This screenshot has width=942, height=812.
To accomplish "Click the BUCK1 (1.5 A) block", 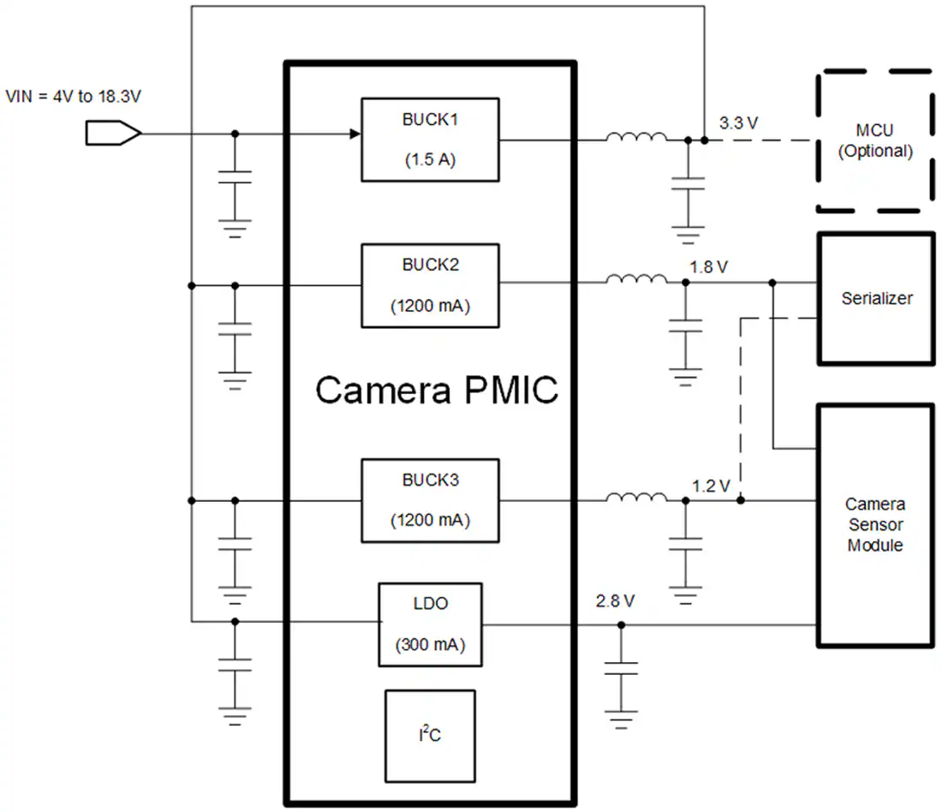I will tap(430, 140).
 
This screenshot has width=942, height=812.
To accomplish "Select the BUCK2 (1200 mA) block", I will tap(430, 285).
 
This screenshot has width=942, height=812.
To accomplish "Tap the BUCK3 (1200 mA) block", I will tap(430, 500).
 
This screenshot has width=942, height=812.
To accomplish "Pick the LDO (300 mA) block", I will tap(430, 624).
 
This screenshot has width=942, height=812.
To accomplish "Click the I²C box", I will tap(430, 734).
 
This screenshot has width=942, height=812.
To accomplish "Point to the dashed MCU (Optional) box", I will tap(873, 141).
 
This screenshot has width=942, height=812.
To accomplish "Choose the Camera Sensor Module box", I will tap(874, 524).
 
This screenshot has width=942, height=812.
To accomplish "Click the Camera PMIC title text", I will tap(437, 391).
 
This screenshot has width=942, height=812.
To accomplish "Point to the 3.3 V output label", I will tap(737, 122).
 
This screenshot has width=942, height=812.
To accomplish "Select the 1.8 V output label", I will tap(708, 267).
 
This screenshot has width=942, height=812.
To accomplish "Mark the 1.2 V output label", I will tap(711, 486).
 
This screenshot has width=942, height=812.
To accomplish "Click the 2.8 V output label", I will tap(615, 601).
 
